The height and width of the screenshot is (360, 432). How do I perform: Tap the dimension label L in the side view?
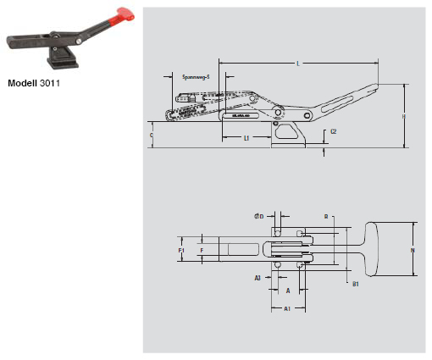[297, 64]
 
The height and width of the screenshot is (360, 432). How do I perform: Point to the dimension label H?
[404, 116]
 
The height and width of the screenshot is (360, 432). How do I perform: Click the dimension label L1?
[246, 137]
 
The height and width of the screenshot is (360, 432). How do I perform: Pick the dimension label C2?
[334, 131]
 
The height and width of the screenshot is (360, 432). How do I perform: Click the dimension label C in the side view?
[152, 134]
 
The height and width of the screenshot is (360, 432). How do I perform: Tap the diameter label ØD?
[260, 218]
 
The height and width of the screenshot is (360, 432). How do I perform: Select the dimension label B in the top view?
[324, 218]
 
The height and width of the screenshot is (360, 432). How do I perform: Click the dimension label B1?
[355, 285]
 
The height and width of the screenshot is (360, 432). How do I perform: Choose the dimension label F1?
[181, 251]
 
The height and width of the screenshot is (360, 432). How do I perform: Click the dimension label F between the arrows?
[201, 251]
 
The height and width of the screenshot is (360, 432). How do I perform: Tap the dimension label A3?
[258, 277]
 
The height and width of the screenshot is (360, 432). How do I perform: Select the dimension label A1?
[288, 310]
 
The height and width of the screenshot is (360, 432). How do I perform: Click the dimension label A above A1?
[288, 290]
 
